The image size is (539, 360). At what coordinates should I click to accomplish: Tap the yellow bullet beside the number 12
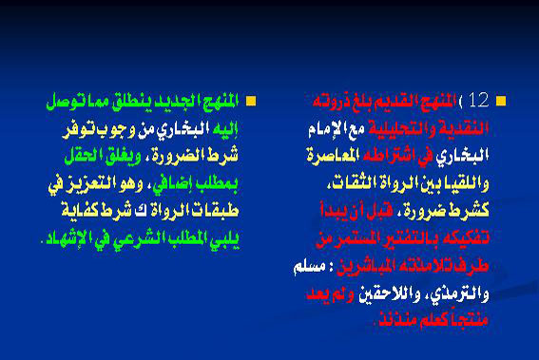[x=501, y=100]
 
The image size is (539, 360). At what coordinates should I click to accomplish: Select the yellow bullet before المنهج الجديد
[x=251, y=100]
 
